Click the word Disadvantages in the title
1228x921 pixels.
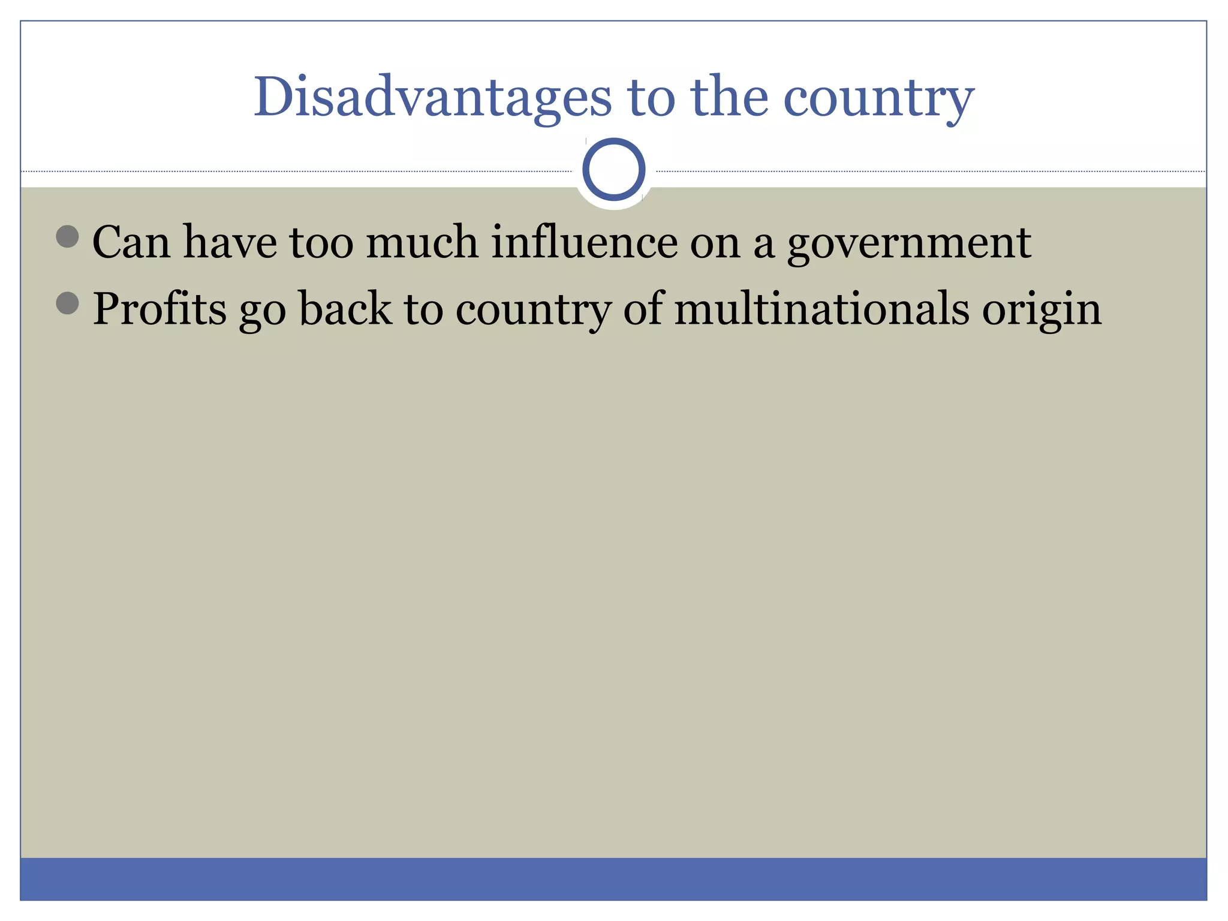coord(432,97)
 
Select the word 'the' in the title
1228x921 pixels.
coord(729,97)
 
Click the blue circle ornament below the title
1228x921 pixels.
coord(613,170)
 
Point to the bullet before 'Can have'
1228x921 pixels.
coord(67,236)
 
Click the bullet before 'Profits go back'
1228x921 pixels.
coord(67,303)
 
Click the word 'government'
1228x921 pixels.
coord(908,243)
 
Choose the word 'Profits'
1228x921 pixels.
coord(159,309)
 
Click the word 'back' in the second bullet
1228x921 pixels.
coord(345,309)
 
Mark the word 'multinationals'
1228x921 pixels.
coord(822,309)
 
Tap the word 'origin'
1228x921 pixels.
coord(1042,310)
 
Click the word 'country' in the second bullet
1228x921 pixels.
coord(533,310)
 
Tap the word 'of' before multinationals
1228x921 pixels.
coord(643,309)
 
